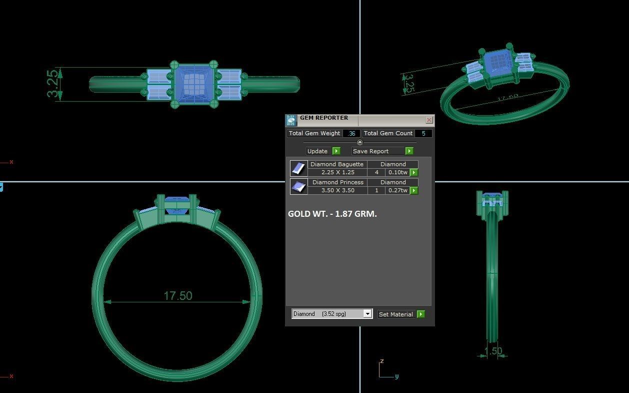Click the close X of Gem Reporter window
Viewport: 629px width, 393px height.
coord(429,120)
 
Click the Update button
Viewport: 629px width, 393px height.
coord(317,151)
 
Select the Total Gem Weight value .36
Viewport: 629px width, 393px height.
coord(351,133)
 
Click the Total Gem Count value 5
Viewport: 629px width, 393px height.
coord(423,133)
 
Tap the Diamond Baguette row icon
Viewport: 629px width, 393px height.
coord(298,168)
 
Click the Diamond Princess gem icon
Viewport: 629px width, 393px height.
coord(298,187)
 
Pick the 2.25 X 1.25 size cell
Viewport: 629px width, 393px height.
coord(337,172)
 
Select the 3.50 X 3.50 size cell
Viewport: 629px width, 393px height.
coord(337,190)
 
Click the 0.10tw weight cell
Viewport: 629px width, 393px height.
coord(397,172)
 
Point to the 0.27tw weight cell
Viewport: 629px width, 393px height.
coord(397,190)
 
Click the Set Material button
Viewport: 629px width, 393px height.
coord(395,314)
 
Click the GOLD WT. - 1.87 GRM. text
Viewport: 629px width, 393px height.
coord(332,214)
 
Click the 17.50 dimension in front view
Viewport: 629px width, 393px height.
coord(177,296)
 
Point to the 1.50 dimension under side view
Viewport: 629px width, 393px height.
coord(493,351)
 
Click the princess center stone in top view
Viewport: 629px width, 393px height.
coord(193,84)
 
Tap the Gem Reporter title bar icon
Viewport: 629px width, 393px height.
coord(291,120)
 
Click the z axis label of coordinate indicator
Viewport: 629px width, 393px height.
coord(381,361)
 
